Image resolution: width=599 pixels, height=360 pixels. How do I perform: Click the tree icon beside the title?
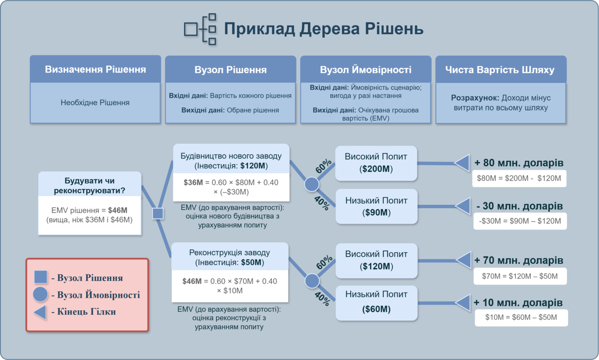(200, 29)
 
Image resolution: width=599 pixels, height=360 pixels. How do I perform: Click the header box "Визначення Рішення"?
(95, 69)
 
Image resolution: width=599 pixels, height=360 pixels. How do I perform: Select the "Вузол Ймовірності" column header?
(365, 70)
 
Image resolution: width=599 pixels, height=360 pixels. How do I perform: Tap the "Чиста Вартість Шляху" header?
(500, 70)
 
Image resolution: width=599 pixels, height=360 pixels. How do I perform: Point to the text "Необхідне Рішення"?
(95, 102)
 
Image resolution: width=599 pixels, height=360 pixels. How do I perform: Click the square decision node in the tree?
(158, 213)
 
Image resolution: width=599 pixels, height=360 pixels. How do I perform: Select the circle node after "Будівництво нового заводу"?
(311, 184)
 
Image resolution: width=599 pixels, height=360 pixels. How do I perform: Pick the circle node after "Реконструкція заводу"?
(312, 281)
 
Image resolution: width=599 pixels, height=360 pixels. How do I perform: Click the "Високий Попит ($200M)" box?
(376, 163)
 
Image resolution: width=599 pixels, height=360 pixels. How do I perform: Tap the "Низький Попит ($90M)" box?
(376, 206)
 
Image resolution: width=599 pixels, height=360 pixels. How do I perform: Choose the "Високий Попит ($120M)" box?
(376, 260)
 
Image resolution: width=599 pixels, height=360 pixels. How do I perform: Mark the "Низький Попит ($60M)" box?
(376, 303)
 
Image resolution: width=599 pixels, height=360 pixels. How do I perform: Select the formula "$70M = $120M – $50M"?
(520, 276)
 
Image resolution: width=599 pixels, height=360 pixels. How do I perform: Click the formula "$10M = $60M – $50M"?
(521, 317)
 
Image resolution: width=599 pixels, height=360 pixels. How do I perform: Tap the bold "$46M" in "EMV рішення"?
(117, 210)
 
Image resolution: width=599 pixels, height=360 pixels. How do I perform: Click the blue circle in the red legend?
(40, 295)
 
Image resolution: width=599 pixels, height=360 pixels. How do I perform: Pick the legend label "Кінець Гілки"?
(86, 312)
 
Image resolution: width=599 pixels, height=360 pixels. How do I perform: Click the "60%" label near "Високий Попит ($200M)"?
(323, 166)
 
